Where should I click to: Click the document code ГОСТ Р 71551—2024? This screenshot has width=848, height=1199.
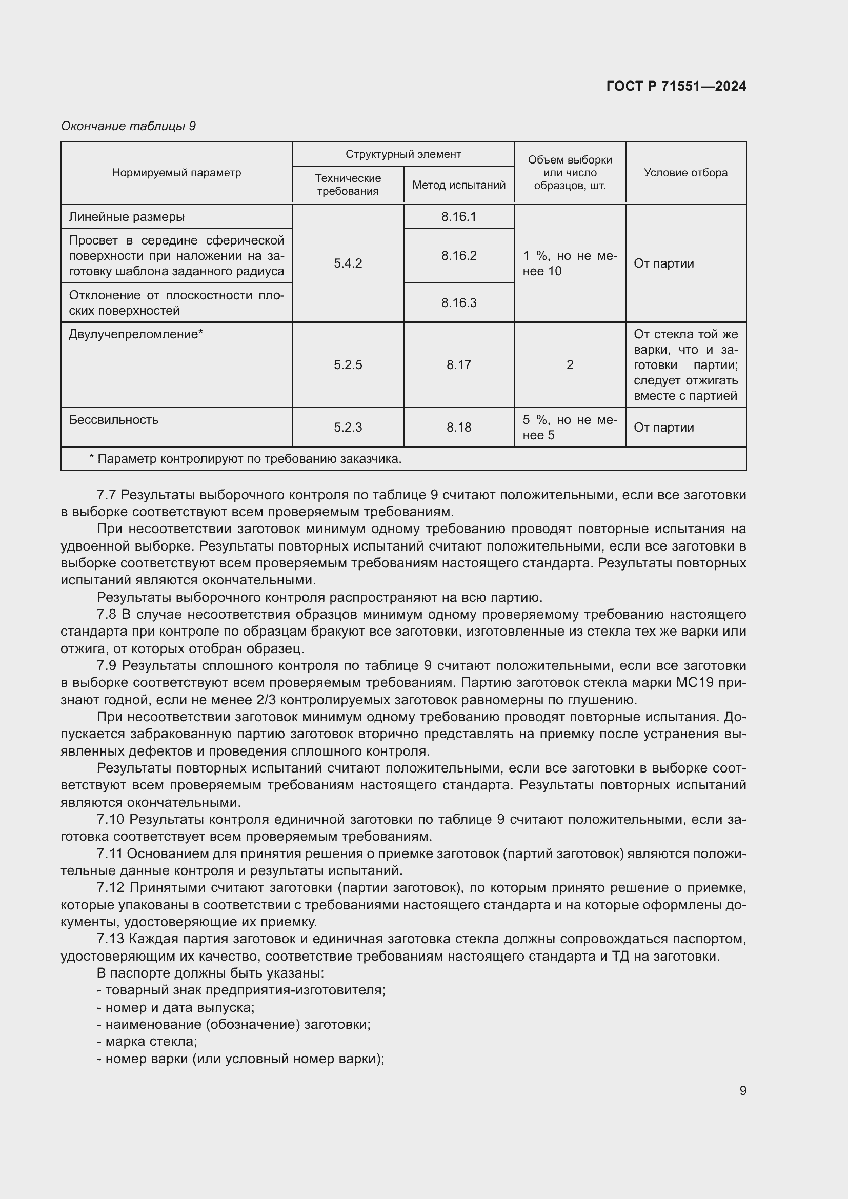[676, 86]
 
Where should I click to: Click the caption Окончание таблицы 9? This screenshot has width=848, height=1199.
[128, 126]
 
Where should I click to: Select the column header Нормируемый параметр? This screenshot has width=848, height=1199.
[176, 173]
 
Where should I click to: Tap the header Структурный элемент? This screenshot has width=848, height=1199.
[403, 154]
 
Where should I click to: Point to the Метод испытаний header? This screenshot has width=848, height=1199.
[458, 185]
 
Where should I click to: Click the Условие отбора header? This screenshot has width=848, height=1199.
[685, 173]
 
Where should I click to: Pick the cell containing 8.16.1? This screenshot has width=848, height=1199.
[458, 217]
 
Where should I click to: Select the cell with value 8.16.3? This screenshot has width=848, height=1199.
[458, 303]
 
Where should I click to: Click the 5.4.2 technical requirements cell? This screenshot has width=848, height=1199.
[348, 263]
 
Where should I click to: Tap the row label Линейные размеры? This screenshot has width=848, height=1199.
[127, 217]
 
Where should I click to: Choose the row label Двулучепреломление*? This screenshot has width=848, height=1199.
[136, 334]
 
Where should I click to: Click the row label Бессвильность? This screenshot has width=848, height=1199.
[113, 420]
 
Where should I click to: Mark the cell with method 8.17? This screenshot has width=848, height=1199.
[458, 365]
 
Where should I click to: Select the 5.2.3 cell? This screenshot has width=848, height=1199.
[348, 428]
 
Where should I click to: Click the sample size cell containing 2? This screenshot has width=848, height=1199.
[570, 365]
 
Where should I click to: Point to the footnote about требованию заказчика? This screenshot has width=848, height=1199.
[246, 459]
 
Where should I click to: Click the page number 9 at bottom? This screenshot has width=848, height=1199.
[742, 1090]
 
